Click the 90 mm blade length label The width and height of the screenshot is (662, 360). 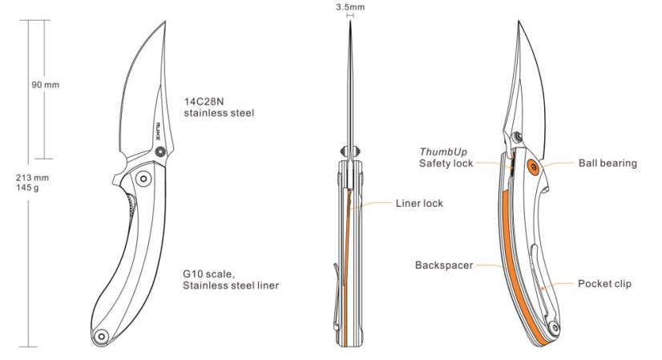coord(45,85)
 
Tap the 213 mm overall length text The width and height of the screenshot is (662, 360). coord(32,178)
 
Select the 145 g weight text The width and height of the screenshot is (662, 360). coord(27,187)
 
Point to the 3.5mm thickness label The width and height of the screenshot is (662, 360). coord(350,7)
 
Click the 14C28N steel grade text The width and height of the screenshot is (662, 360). coord(204,101)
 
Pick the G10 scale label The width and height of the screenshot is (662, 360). coord(208,274)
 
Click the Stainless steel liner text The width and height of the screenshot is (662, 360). coord(231,285)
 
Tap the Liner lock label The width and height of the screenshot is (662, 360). coord(419,203)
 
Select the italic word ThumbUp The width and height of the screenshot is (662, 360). coord(443,152)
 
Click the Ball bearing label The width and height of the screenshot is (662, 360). coord(608,163)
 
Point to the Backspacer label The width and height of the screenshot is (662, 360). coord(444,265)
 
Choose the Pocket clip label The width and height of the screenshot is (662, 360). coord(604,284)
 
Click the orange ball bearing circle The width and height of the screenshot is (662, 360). coord(533,167)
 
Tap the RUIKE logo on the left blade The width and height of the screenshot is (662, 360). coord(158,131)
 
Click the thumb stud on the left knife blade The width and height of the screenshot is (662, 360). coord(160,152)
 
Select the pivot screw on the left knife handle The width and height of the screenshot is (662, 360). coord(143,179)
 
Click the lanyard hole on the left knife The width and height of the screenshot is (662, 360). coord(101,337)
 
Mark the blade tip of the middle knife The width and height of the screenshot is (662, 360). coord(350,21)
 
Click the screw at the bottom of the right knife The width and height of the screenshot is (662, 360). coord(554,328)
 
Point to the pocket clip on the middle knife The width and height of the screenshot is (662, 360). coord(336,297)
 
